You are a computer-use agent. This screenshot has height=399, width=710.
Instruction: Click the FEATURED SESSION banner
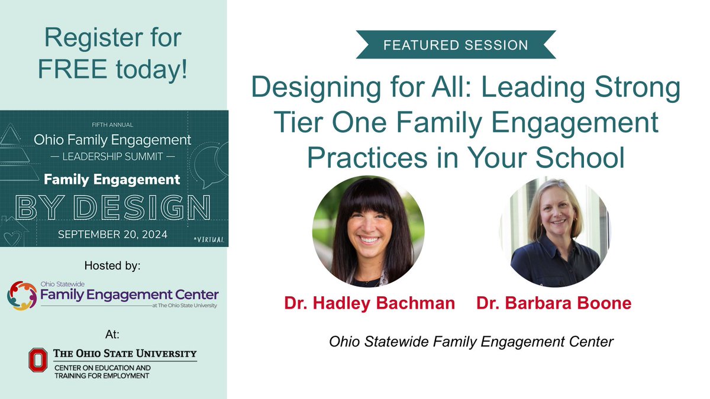455,45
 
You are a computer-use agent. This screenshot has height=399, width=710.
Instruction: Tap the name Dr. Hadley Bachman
369,304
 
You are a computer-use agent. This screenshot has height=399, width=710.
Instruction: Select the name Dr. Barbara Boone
554,304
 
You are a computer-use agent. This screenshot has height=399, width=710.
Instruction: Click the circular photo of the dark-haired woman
368,232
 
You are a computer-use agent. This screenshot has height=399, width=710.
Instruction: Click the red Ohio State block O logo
39,360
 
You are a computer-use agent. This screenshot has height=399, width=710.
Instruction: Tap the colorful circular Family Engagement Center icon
21,295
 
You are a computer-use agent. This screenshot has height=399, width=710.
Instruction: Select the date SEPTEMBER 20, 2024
112,234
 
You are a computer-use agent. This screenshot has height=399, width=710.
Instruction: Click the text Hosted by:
112,267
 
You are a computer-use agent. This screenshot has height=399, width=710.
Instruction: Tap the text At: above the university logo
112,335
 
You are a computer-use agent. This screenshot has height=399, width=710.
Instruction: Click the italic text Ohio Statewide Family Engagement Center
471,342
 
